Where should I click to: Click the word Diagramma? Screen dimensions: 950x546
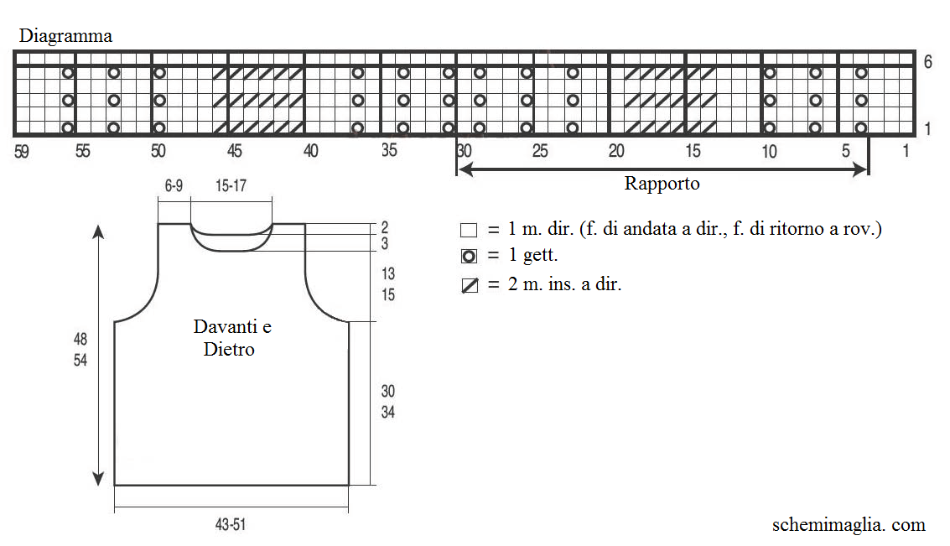(x=65, y=36)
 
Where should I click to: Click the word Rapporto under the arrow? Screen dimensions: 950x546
(x=662, y=184)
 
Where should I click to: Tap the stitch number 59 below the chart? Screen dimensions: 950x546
(x=22, y=151)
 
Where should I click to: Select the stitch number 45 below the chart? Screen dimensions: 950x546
(x=235, y=151)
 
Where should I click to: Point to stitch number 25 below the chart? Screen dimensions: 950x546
(x=540, y=151)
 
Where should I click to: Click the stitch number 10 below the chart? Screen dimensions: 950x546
(x=769, y=151)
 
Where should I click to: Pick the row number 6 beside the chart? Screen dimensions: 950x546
(x=927, y=61)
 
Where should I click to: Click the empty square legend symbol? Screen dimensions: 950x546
(x=469, y=231)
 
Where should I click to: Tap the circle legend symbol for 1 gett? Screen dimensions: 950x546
(x=469, y=257)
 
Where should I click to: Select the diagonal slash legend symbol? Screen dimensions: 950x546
(x=469, y=285)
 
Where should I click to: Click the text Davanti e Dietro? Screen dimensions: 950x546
(x=232, y=338)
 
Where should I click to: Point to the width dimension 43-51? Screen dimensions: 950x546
(x=231, y=524)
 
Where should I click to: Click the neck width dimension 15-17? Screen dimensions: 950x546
(x=231, y=185)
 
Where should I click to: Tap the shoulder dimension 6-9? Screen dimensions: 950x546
(x=174, y=185)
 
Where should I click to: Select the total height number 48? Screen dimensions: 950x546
(x=80, y=339)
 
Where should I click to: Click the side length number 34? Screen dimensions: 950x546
(x=387, y=412)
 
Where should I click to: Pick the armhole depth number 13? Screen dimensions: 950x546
(x=387, y=274)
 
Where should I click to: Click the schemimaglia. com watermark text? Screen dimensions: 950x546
(x=849, y=525)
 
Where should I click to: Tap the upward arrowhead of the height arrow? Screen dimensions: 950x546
(x=98, y=232)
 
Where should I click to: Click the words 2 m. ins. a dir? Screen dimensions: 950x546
(x=564, y=284)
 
